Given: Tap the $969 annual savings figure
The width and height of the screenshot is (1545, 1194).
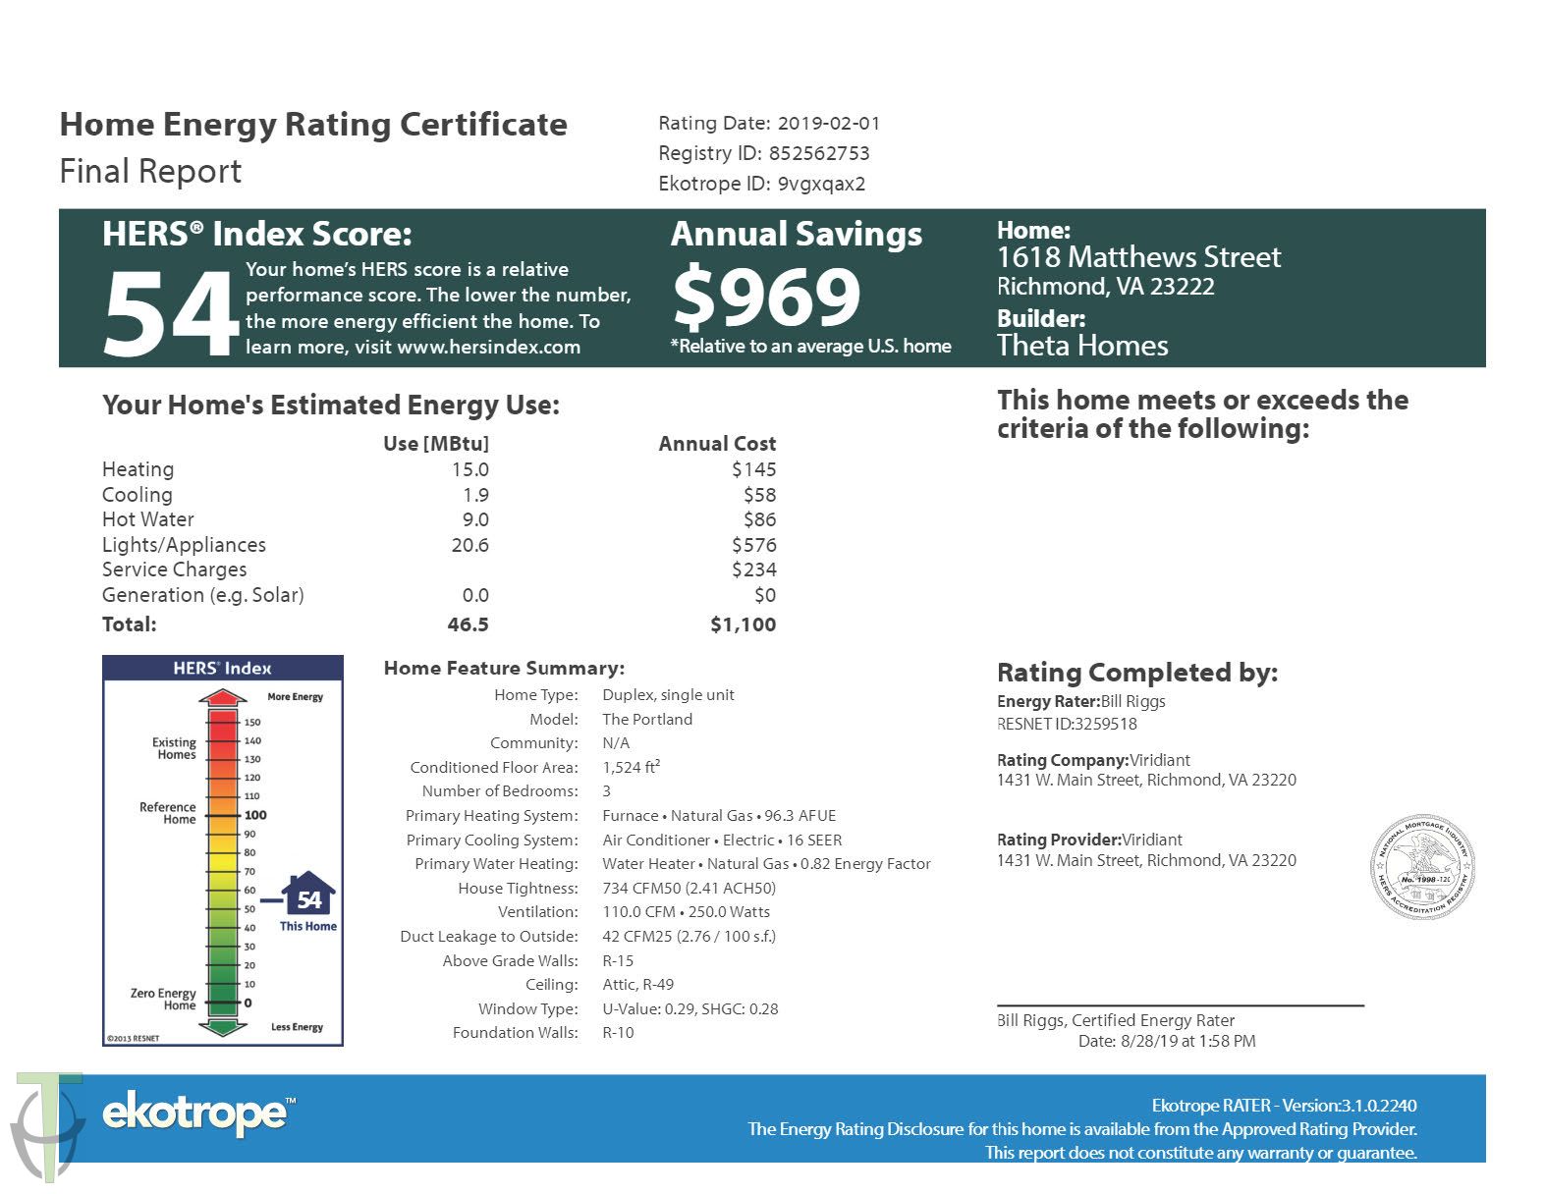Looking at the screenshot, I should pyautogui.click(x=766, y=297).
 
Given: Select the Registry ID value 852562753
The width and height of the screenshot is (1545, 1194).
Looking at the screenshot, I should pyautogui.click(x=819, y=153).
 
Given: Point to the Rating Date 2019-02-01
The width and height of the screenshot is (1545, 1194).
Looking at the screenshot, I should pyautogui.click(x=829, y=124).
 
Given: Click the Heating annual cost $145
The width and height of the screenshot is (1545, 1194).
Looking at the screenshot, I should pyautogui.click(x=753, y=469).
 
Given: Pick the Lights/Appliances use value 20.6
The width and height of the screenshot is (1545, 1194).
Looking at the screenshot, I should pyautogui.click(x=469, y=545).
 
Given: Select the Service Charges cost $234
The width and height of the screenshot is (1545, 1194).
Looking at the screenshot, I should pyautogui.click(x=753, y=570).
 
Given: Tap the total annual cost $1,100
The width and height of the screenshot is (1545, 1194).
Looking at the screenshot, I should pyautogui.click(x=743, y=624).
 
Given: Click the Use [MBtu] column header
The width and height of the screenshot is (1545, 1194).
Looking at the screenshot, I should pyautogui.click(x=435, y=444).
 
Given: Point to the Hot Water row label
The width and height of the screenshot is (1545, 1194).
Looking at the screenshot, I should pyautogui.click(x=148, y=519).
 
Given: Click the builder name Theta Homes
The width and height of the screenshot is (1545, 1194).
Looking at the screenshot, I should pyautogui.click(x=1082, y=346).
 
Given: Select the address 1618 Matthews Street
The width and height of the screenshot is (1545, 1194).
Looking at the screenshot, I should pyautogui.click(x=1138, y=257).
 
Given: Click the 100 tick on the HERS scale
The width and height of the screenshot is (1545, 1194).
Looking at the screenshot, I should pyautogui.click(x=255, y=815).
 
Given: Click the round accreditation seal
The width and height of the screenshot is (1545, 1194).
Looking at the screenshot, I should pyautogui.click(x=1422, y=866).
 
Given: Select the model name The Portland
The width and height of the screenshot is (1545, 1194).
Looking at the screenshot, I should pyautogui.click(x=647, y=719).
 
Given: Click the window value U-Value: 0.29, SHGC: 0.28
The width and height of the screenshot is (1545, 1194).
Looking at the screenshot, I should pyautogui.click(x=690, y=1008).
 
